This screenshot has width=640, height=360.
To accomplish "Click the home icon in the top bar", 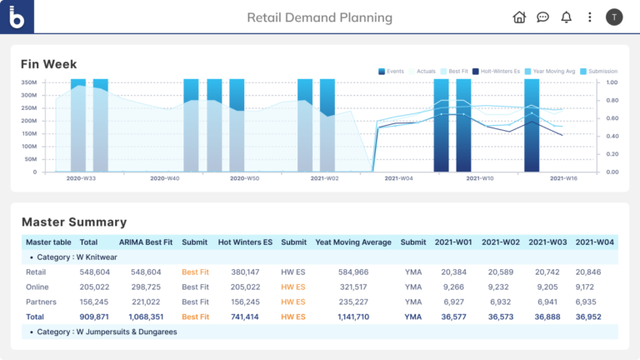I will pyautogui.click(x=519, y=17).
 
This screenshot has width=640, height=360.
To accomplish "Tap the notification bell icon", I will pyautogui.click(x=567, y=17).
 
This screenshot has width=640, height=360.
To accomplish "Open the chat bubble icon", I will pyautogui.click(x=542, y=17).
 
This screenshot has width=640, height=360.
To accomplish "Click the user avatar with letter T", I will pyautogui.click(x=614, y=17).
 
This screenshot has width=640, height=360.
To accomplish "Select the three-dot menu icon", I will pyautogui.click(x=590, y=17).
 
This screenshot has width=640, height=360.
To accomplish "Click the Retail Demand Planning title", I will pyautogui.click(x=319, y=17).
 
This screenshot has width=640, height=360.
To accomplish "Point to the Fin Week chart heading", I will pyautogui.click(x=49, y=64).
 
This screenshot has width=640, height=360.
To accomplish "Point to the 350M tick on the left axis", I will pyautogui.click(x=28, y=82).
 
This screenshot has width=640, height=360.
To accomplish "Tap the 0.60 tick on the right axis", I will pyautogui.click(x=612, y=117).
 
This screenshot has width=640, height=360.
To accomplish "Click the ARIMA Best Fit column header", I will pyautogui.click(x=146, y=242).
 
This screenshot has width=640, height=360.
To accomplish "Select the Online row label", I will pyautogui.click(x=37, y=287).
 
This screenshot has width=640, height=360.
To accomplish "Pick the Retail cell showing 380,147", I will pyautogui.click(x=244, y=272).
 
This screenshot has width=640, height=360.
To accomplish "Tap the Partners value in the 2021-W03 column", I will pyautogui.click(x=548, y=302).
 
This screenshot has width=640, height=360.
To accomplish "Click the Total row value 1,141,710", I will pyautogui.click(x=353, y=317).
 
